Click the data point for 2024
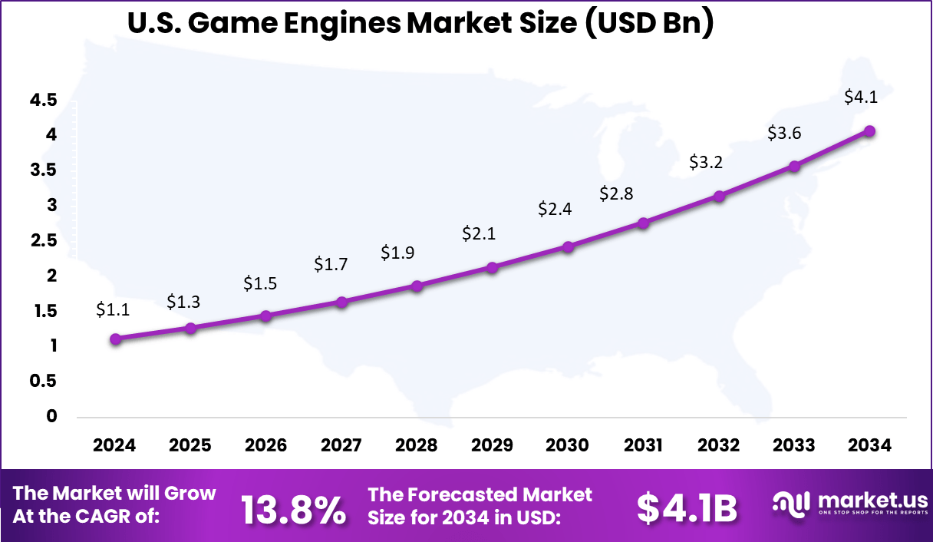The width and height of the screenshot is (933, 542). (x=115, y=339)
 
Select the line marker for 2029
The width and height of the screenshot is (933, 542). (x=493, y=267)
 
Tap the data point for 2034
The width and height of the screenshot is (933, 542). (x=869, y=131)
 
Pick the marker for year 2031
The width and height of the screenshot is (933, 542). (x=643, y=223)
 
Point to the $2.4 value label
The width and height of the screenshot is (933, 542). (x=555, y=208)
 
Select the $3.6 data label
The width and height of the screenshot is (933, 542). (x=784, y=133)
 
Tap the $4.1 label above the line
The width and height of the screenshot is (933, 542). (x=860, y=97)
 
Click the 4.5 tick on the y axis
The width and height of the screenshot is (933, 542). (x=45, y=100)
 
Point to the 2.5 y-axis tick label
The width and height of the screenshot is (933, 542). (x=45, y=240)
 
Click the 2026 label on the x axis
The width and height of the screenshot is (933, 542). (x=265, y=445)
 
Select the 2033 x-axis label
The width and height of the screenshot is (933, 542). (x=794, y=445)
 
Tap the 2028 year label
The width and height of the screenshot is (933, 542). (x=417, y=445)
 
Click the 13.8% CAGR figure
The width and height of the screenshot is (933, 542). (x=293, y=510)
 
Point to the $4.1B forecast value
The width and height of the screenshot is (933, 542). (x=687, y=508)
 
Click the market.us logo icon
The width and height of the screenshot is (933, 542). (x=791, y=503)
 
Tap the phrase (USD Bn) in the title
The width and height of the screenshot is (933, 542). (x=645, y=25)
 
